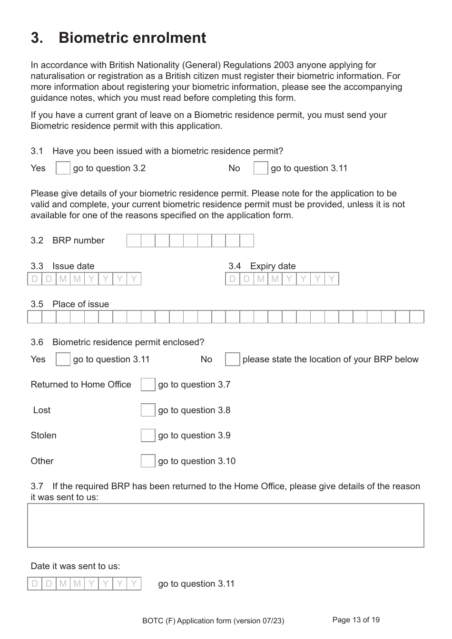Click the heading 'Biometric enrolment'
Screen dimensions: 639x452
click(132, 38)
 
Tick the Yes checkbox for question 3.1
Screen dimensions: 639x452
click(63, 168)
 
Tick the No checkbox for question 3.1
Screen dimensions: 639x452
click(261, 168)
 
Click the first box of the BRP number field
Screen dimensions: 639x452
click(134, 241)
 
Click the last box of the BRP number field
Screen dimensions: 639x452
click(246, 241)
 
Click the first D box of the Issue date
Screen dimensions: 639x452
click(35, 279)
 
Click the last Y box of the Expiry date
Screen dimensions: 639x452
click(332, 279)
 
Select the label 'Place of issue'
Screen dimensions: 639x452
click(80, 304)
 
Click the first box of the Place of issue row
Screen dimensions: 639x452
click(35, 317)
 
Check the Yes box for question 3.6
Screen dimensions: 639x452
click(63, 359)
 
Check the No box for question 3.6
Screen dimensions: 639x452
click(232, 359)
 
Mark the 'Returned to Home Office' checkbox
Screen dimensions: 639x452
click(148, 385)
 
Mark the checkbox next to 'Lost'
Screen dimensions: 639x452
click(148, 410)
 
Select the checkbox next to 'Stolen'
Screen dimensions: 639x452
click(148, 436)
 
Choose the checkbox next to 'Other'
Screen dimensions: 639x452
click(148, 461)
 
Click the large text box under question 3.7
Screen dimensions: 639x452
click(226, 525)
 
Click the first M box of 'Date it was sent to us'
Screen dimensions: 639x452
click(63, 583)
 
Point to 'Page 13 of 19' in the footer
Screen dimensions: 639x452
click(356, 620)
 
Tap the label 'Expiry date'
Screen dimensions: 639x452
click(273, 266)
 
